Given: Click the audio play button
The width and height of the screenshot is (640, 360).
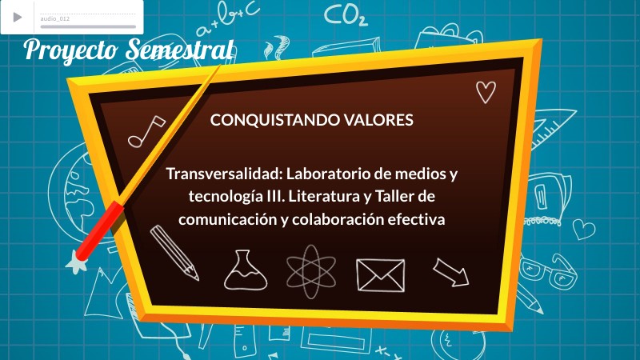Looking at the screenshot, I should [x=17, y=17].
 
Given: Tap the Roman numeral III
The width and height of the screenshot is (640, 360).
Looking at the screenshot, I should [x=282, y=195].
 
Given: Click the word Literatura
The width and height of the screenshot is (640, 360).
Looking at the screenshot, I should [x=330, y=195].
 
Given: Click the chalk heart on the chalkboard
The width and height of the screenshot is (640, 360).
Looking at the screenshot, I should [x=486, y=93].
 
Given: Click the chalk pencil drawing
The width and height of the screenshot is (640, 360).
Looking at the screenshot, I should [x=174, y=251].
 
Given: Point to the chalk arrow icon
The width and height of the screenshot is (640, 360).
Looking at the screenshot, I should [x=451, y=271].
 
